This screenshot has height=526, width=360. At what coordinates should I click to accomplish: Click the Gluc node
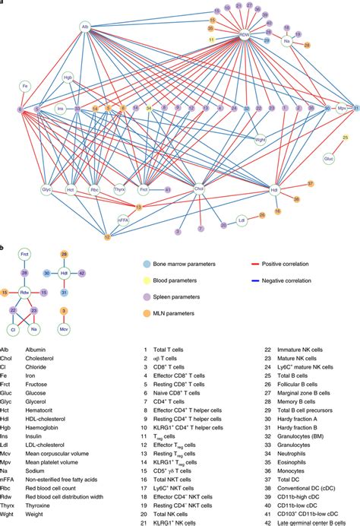pyautogui.click(x=329, y=159)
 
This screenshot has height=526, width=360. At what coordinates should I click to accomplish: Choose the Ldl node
pyautogui.click(x=242, y=221)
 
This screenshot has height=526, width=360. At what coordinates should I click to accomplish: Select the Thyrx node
pyautogui.click(x=119, y=188)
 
